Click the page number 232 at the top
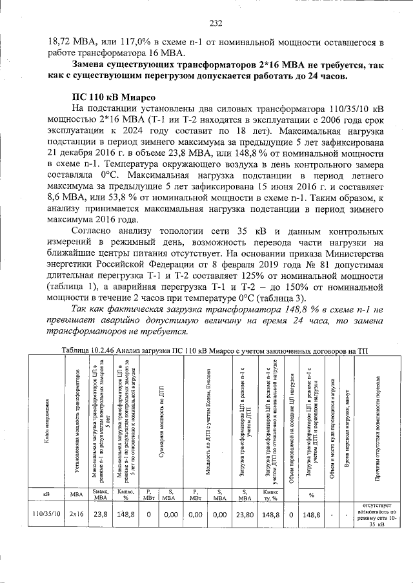click(x=216, y=24)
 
